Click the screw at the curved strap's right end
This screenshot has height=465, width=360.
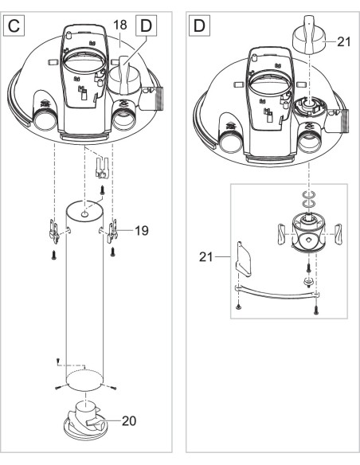(x=318, y=307)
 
